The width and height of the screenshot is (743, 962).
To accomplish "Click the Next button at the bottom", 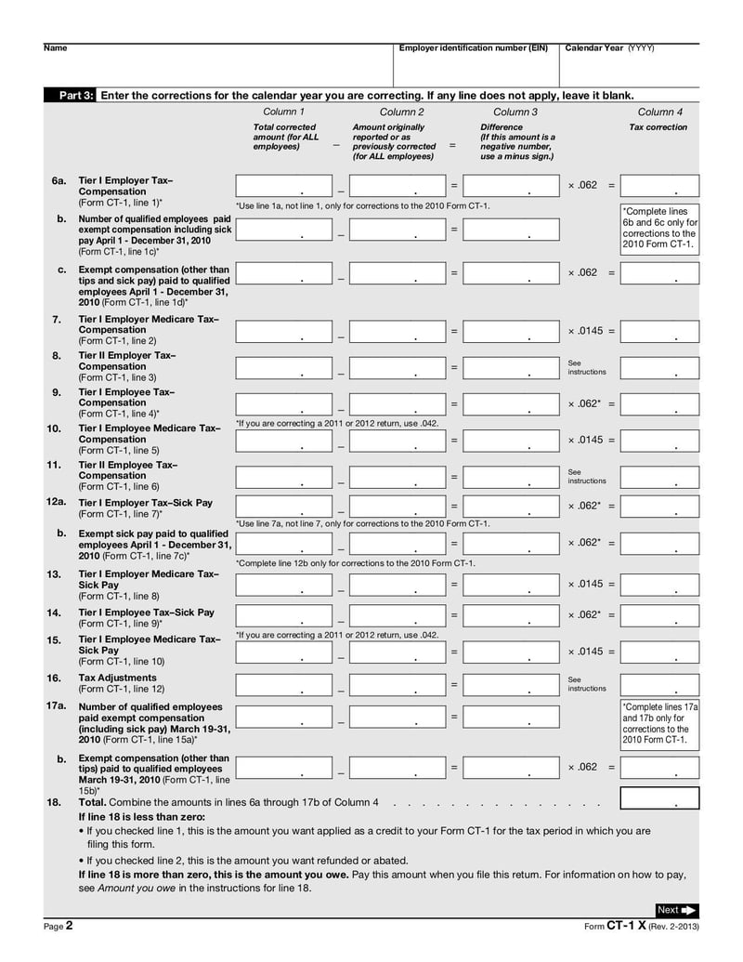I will [677, 910].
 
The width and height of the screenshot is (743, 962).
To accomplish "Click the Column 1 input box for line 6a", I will [283, 186].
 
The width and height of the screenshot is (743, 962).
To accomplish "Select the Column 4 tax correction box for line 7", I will [659, 331].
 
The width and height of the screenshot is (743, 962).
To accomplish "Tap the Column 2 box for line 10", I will [398, 441].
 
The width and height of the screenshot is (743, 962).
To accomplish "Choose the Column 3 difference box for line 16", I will [511, 685].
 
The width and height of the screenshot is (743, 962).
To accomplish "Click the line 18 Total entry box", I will [659, 798].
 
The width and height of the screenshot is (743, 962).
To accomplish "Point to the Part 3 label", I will [76, 95].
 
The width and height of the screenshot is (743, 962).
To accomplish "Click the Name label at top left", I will [55, 48].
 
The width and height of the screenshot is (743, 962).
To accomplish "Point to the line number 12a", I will [57, 502].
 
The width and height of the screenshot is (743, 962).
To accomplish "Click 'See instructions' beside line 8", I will [586, 366].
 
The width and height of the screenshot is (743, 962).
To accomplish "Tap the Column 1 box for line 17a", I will [283, 717].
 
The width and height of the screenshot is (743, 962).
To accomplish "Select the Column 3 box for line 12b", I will [511, 543].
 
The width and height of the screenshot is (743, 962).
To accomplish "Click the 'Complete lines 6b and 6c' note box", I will [659, 229].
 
